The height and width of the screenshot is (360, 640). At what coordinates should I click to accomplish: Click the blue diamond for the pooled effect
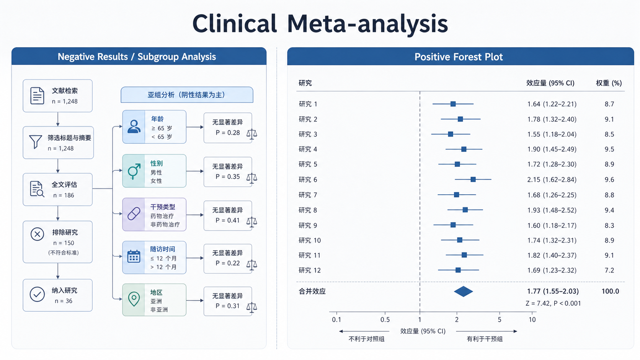[x=464, y=292]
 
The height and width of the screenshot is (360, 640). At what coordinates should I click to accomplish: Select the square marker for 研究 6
[x=473, y=179]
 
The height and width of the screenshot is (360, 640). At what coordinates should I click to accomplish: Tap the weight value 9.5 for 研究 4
[x=609, y=149]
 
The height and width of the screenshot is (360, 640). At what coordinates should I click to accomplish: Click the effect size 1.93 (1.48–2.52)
[x=552, y=210]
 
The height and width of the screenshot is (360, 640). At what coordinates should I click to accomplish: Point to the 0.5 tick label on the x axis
[x=385, y=319]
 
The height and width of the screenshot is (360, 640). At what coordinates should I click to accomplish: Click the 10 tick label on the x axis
[x=532, y=319]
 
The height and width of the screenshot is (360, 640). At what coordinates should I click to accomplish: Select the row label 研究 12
[x=310, y=270]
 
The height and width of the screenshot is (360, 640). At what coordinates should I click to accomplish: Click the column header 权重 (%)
[x=609, y=83]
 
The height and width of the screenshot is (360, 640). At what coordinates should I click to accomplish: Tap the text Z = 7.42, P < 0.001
[x=553, y=303]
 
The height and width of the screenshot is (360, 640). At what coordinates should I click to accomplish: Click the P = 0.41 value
[x=228, y=220]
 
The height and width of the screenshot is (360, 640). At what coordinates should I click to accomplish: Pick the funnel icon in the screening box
[x=36, y=142]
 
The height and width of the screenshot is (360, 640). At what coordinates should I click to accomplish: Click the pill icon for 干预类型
[x=134, y=213]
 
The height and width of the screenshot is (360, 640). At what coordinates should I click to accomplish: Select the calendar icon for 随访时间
[x=134, y=256]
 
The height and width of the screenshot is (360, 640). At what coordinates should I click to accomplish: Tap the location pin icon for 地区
[x=134, y=299]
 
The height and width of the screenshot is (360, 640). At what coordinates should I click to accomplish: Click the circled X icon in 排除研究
[x=37, y=234]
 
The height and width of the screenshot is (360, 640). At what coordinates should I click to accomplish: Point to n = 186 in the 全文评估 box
[x=64, y=195]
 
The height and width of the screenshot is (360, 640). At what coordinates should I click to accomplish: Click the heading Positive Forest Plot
[x=459, y=57]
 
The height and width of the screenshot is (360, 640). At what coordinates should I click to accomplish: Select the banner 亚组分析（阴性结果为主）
[x=187, y=95]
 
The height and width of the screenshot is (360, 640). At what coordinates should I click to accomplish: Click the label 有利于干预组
[x=485, y=339]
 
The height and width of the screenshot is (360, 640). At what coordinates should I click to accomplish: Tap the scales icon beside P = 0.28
[x=252, y=134]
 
